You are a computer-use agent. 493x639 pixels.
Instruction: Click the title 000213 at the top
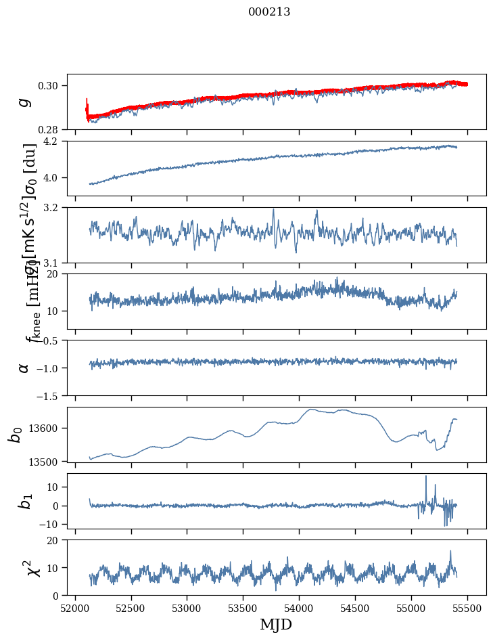[269, 12]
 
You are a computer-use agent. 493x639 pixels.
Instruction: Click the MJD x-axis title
[276, 624]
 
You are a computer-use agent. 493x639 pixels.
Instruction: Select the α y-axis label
[24, 368]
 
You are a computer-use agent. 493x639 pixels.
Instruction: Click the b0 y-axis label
[15, 434]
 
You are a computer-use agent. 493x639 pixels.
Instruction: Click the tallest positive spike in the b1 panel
[426, 477]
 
